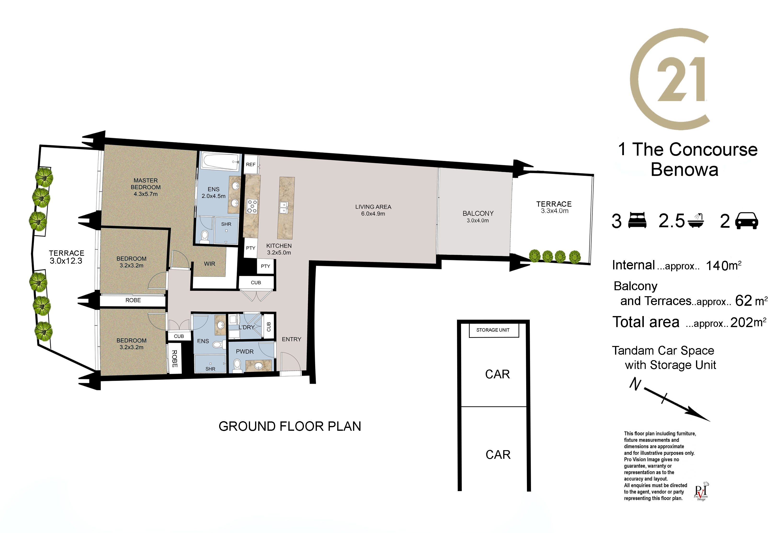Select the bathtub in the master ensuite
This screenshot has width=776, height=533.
pos(221,163)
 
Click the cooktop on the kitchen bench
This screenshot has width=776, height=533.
pos(252,206)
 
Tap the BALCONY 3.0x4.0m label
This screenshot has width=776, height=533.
pos(478,217)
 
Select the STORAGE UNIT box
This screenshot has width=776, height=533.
pos(493,330)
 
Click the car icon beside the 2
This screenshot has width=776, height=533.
pos(747,221)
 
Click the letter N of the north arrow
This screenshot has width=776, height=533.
pos(635,384)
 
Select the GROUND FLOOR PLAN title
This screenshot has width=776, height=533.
pos(290,426)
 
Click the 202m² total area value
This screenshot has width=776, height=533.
pos(748,322)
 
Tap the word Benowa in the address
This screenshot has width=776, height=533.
pos(685,170)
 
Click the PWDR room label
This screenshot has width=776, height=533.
pos(245,352)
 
